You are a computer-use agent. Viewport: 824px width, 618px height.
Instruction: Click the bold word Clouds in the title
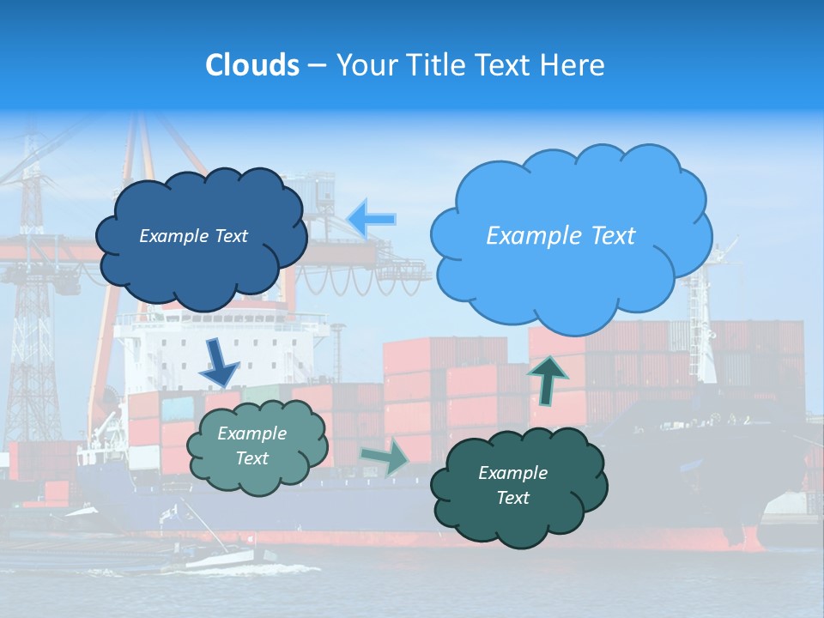tap(252, 65)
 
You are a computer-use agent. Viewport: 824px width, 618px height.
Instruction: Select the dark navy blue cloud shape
tap(201, 257)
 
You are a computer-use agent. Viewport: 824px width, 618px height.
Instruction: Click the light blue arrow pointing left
tap(373, 218)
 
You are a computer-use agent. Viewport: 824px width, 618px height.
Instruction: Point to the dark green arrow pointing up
tap(548, 379)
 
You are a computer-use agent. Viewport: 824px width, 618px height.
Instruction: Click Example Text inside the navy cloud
tap(193, 236)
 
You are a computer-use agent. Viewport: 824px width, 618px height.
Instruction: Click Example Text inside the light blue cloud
tap(560, 236)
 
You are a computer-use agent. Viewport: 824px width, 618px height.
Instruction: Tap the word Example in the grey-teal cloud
tap(251, 434)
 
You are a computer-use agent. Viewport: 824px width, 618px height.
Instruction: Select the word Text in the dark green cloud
tap(512, 498)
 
